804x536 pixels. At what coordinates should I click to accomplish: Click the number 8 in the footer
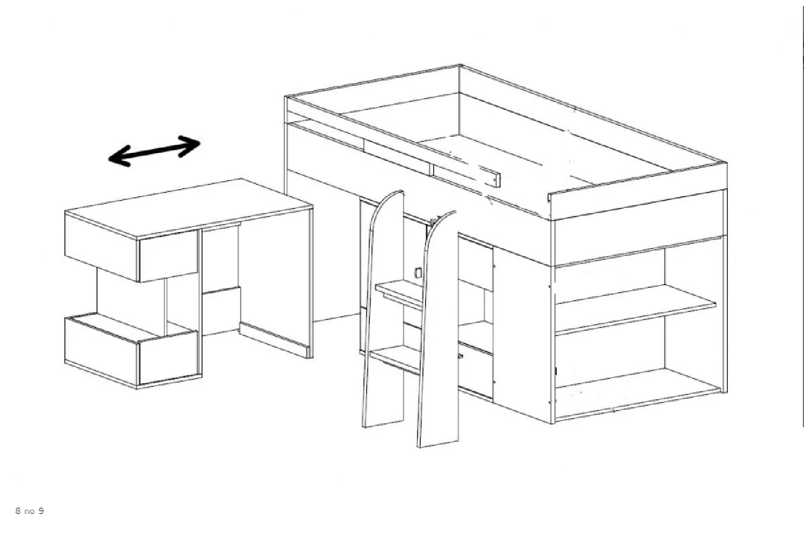[18, 511]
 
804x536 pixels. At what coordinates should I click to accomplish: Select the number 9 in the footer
[41, 511]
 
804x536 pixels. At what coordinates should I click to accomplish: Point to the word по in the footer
[29, 511]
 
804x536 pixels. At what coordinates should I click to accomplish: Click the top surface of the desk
[189, 207]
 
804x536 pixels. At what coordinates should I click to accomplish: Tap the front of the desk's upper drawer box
[168, 256]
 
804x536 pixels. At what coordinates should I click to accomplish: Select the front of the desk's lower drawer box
[168, 358]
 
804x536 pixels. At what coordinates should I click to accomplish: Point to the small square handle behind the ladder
[418, 272]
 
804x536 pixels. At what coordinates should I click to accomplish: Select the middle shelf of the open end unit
[635, 308]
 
